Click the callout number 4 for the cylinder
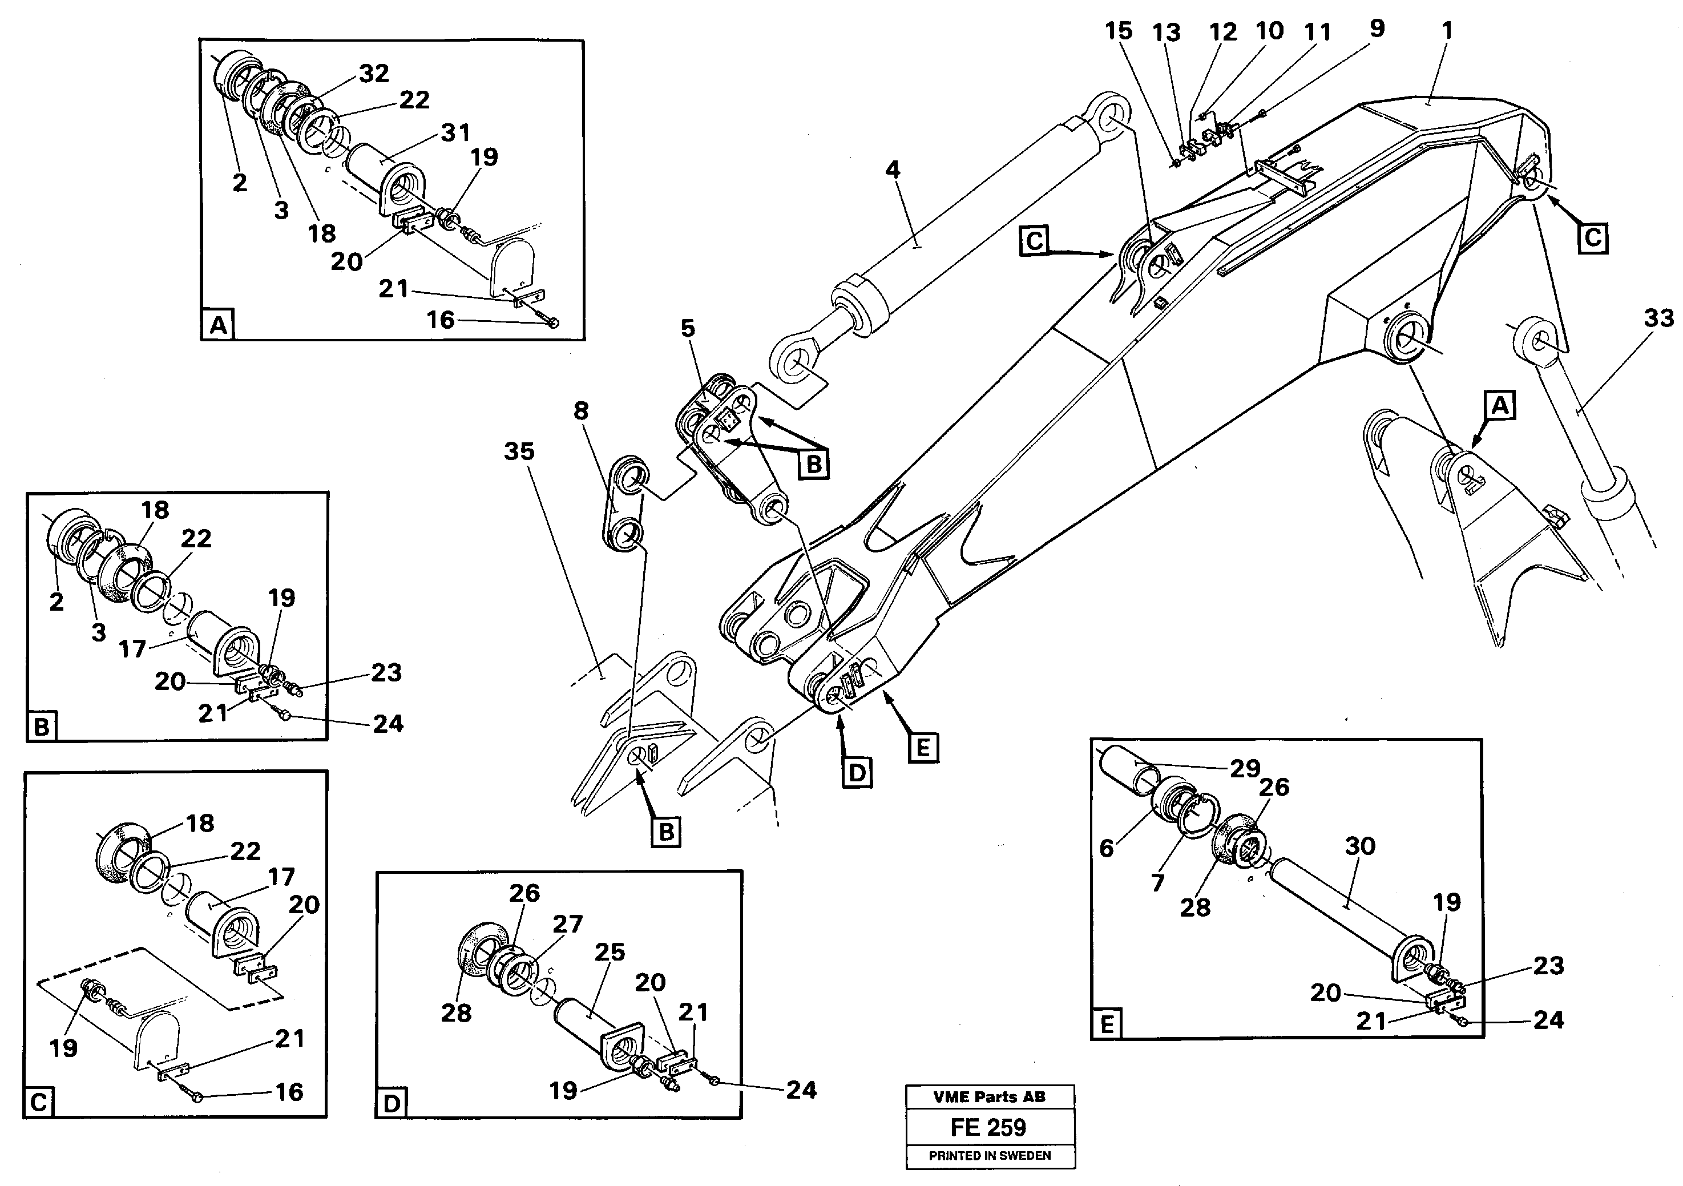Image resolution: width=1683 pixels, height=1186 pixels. point(891,170)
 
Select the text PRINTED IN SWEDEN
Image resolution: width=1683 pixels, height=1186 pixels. point(989,1156)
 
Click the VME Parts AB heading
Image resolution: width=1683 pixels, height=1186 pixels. point(989,1098)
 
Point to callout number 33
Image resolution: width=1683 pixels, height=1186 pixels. point(1658,318)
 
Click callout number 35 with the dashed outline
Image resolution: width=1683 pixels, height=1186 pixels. point(519,451)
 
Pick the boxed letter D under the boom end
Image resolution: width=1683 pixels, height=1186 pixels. point(856,773)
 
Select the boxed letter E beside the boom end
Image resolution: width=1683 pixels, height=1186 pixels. point(923,748)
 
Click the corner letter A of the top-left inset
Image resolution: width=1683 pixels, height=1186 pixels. point(217,324)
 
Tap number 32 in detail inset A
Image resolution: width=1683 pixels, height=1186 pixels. point(374,73)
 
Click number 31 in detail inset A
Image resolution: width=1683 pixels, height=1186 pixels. point(455,132)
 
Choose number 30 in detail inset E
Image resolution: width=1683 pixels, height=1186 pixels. point(1360,846)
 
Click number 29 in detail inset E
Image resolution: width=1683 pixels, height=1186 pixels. point(1245,768)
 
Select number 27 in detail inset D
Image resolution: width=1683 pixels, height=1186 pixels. point(567,923)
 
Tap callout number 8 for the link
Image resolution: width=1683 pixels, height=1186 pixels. point(580,410)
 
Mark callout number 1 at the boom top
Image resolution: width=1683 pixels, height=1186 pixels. point(1446,31)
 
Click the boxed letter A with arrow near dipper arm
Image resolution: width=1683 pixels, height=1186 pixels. point(1500,405)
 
